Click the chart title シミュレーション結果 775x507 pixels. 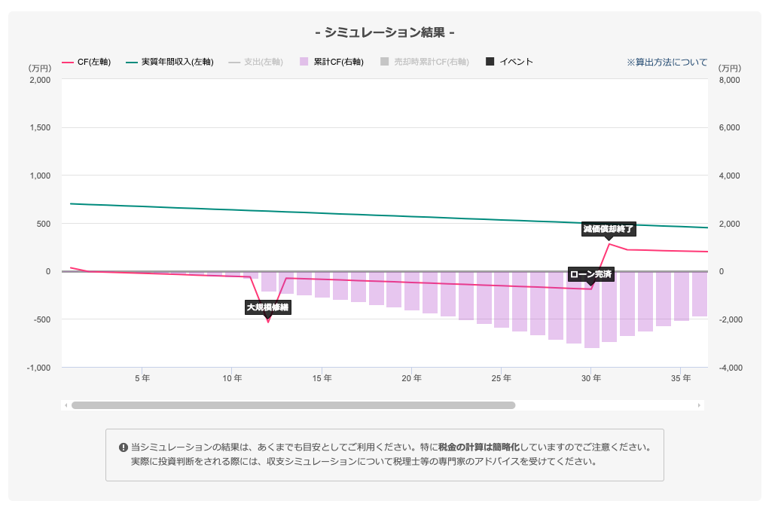(385, 32)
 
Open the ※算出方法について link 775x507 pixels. (667, 62)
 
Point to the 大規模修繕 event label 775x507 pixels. (267, 307)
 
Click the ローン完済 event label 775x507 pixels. (590, 273)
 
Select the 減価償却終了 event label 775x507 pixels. (609, 229)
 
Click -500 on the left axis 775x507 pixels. (39, 319)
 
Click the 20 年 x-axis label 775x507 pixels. (411, 377)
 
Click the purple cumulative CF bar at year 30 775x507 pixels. (591, 310)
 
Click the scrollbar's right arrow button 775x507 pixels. (699, 405)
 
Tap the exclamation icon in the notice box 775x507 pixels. (124, 447)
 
